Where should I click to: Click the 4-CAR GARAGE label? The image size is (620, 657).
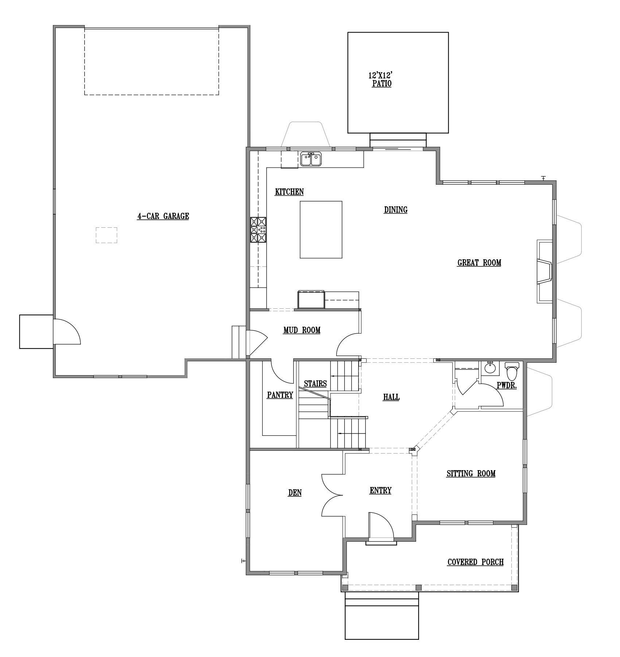click(163, 216)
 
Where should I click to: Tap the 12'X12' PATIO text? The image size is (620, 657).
click(382, 80)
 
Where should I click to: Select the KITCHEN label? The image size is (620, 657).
click(289, 192)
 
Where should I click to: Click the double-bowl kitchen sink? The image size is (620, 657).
click(311, 160)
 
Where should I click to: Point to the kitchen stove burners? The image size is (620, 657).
click(258, 230)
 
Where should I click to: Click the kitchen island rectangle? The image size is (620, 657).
click(321, 230)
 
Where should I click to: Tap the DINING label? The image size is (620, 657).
click(396, 210)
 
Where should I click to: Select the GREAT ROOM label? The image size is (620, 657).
click(479, 262)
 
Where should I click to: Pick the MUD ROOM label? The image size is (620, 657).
click(302, 330)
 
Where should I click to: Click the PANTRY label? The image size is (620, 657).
click(280, 395)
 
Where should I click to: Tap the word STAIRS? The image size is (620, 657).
click(315, 384)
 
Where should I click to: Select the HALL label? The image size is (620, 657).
click(391, 397)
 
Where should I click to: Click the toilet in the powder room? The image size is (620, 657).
click(512, 371)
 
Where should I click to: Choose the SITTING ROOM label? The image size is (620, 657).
click(471, 474)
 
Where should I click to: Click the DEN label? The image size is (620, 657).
click(295, 493)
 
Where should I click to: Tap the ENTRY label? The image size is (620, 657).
click(380, 491)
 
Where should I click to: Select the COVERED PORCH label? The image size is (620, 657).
click(476, 562)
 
